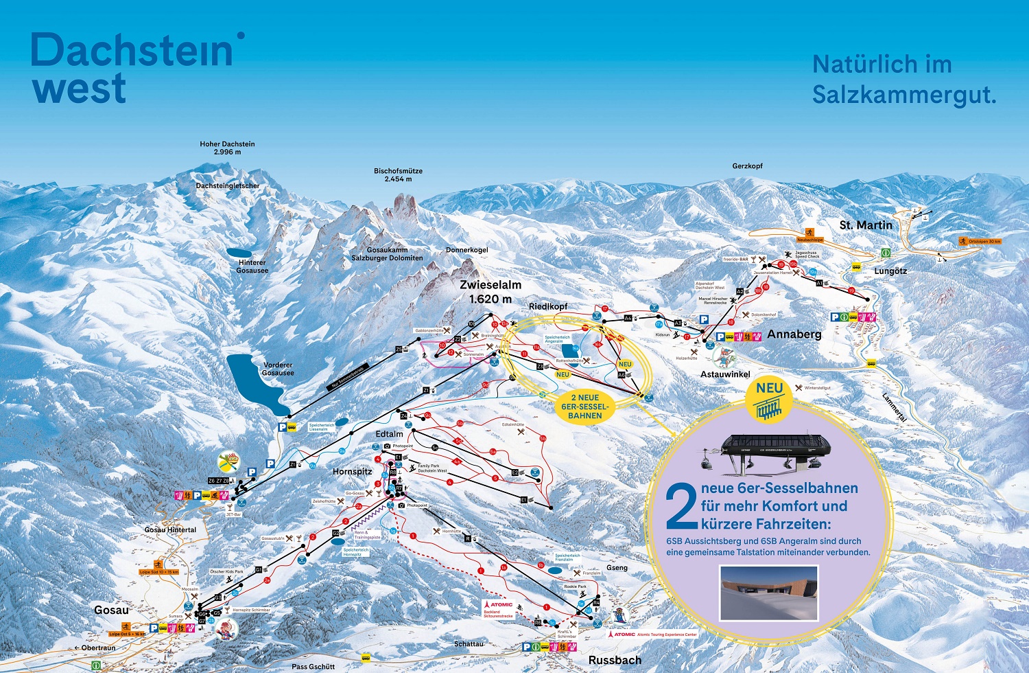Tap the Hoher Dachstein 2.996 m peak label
pos(227,148)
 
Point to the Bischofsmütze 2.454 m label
pos(398,175)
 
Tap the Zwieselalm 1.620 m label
pos(490,291)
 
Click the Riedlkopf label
pos(548,306)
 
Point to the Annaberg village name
pos(794,334)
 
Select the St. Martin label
pos(866,225)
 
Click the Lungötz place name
pos(890,271)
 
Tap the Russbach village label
pos(615,660)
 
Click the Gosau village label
pos(111,610)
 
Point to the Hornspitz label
pos(352,472)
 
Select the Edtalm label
pos(389,434)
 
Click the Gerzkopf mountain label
pos(747,166)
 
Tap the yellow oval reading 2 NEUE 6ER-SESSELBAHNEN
pos(584,407)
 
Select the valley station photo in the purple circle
pos(768,591)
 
